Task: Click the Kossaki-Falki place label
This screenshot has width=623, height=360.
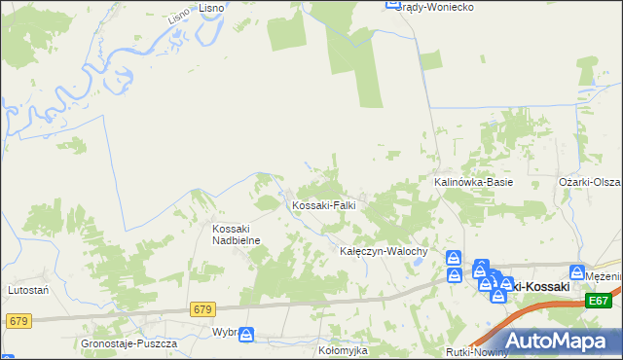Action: pos(324,206)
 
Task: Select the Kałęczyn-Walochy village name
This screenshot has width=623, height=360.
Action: pos(383,251)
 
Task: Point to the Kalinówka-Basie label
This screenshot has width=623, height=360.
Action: pos(472,182)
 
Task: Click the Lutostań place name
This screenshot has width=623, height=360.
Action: pos(29,290)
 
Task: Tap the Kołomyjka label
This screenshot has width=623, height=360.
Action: pos(346,347)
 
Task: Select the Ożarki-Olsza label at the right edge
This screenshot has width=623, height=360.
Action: pos(590,182)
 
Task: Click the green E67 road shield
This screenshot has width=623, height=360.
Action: pos(598,302)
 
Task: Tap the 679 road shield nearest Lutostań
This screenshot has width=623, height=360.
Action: pos(17,319)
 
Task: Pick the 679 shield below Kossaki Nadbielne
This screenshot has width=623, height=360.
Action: pos(202,309)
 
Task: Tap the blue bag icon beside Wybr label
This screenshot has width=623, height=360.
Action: pos(247,334)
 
